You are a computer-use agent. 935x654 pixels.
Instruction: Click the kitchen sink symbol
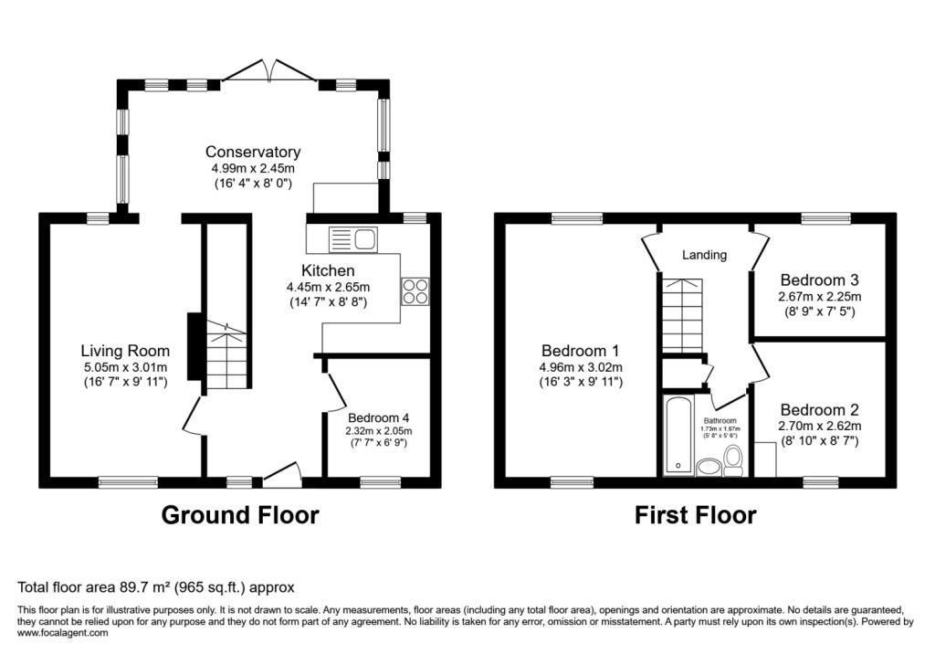pos(352,239)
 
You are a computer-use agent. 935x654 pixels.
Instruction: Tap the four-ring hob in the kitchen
pos(414,290)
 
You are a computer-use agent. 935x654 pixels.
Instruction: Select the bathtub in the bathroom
pos(678,435)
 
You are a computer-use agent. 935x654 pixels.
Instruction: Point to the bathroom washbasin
pos(708,468)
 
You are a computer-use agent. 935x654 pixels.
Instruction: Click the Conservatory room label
pos(252,153)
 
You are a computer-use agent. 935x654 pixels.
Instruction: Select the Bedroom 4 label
pos(378,417)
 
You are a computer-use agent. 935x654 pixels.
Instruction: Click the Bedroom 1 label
pos(580,351)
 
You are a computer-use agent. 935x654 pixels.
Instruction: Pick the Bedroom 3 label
pos(819,280)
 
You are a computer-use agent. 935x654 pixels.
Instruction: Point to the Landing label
pos(704,255)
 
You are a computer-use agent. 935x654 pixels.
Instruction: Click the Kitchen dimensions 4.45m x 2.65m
pos(328,287)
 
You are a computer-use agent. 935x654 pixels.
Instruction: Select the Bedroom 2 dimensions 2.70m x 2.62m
pos(819,426)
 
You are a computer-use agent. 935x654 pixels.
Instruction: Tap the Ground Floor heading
pos(240,515)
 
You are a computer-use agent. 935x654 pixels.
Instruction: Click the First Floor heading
pos(695,515)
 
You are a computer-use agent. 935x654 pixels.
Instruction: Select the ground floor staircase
pos(225,356)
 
